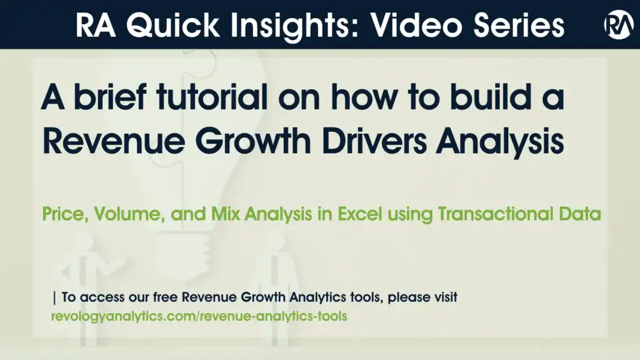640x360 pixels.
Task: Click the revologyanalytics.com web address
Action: tap(199, 316)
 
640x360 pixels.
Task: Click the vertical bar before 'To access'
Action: tap(55, 297)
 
